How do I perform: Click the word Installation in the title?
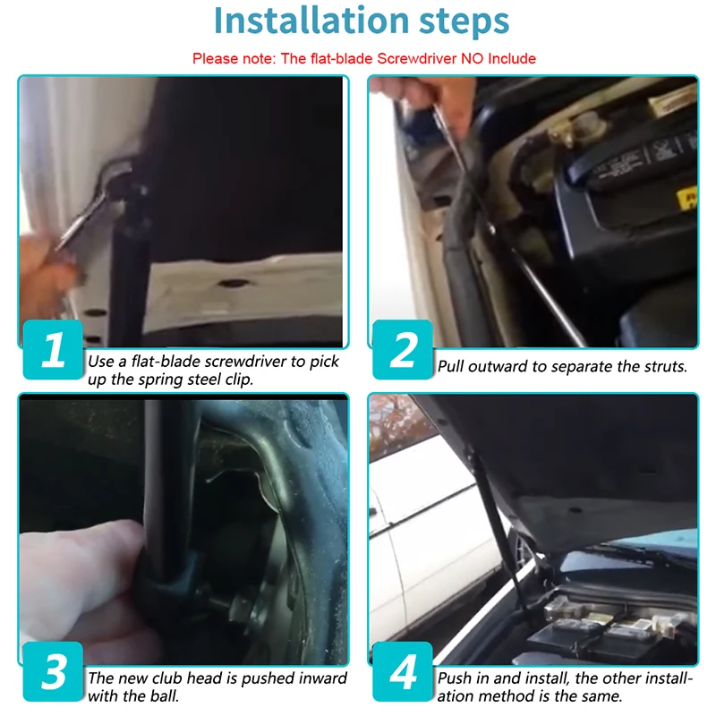point(311,21)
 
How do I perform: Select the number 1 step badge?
point(53,350)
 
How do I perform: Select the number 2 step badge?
point(403,350)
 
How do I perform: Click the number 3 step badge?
point(53,672)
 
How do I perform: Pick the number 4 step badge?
point(403,672)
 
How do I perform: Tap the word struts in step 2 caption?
point(665,366)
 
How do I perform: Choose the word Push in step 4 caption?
point(454,678)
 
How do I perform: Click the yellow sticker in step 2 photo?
point(686,198)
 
